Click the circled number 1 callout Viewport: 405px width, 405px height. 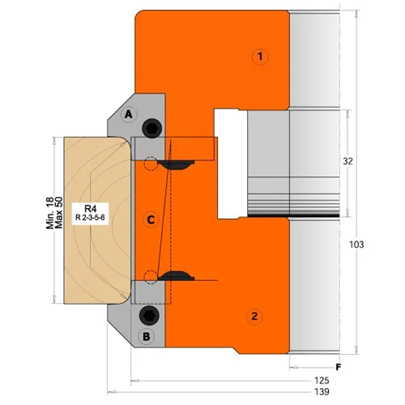click(258, 57)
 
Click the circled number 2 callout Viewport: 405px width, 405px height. click(255, 316)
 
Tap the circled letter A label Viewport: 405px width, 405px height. click(127, 116)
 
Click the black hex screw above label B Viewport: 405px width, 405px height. click(150, 315)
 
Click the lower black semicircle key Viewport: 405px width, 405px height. click(175, 275)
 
